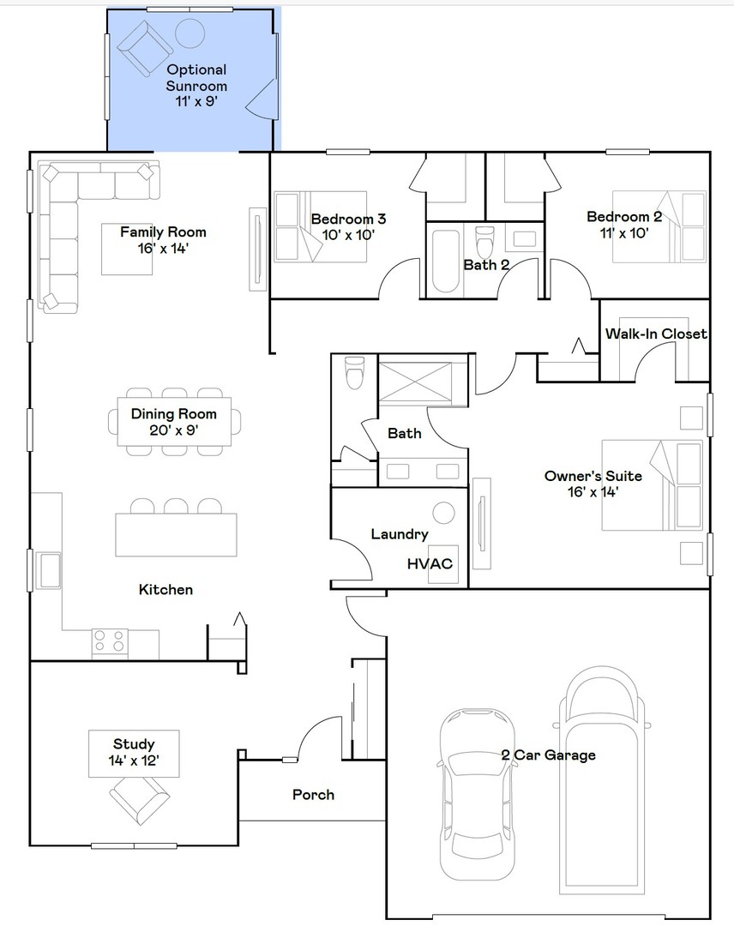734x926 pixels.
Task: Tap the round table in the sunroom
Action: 190,33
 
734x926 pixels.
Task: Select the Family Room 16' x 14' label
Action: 163,240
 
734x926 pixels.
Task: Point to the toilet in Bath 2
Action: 486,241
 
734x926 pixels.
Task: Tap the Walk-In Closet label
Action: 656,334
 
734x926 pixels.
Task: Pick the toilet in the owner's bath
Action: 353,374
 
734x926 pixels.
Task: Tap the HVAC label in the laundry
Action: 430,563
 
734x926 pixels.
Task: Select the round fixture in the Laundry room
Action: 443,514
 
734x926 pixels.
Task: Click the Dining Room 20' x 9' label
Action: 173,422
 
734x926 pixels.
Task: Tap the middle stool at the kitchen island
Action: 175,506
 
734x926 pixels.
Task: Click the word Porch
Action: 313,795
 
